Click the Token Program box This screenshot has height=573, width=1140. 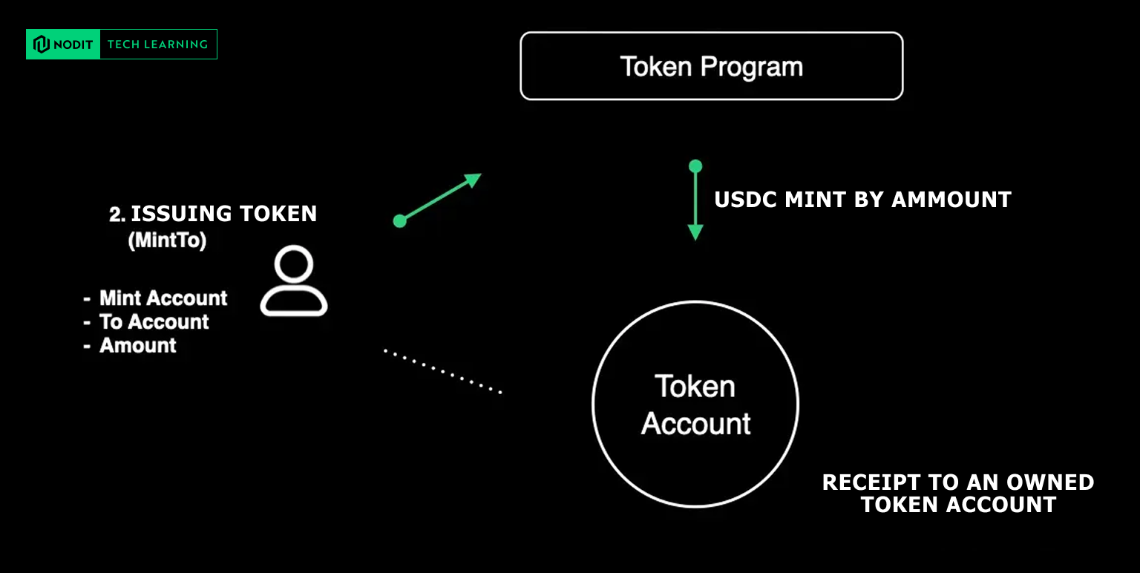(x=711, y=66)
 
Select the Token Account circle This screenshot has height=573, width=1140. (x=695, y=405)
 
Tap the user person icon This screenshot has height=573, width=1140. (x=293, y=281)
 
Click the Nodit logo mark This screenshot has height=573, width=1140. (x=41, y=45)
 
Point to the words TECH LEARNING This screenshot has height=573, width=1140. (x=157, y=45)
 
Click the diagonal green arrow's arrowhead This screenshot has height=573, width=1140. (x=472, y=179)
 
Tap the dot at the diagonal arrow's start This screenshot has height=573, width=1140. (x=399, y=220)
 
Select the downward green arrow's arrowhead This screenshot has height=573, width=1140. (x=695, y=232)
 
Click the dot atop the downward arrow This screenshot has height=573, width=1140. (x=695, y=166)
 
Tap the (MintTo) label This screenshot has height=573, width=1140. (x=167, y=240)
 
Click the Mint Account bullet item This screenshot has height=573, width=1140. (x=163, y=298)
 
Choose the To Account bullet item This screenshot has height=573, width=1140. (x=154, y=322)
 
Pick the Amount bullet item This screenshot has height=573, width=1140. (x=138, y=346)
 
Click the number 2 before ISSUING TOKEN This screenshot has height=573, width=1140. (x=116, y=215)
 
